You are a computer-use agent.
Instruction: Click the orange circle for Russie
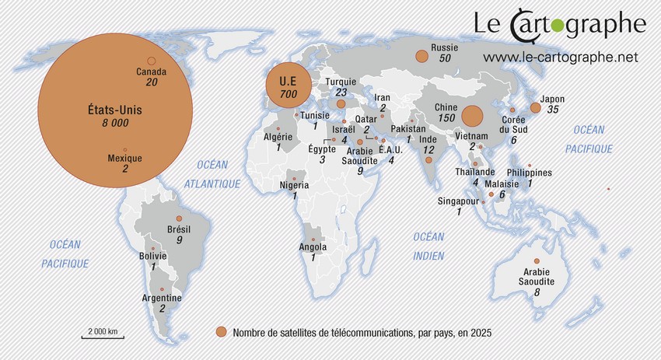[422, 56]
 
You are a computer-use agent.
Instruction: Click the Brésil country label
[179, 229]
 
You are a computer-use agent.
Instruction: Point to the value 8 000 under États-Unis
[115, 123]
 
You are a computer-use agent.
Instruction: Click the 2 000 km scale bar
[103, 336]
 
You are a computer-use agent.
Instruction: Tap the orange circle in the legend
[222, 332]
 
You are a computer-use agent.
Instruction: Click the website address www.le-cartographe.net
[560, 57]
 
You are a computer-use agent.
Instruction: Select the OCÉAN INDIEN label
[428, 246]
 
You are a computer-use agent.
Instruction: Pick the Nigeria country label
[295, 185]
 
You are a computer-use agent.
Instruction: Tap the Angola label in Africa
[313, 246]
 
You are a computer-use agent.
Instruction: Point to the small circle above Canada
[152, 61]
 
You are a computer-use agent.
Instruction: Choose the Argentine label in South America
[162, 298]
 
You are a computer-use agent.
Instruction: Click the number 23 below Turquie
[341, 92]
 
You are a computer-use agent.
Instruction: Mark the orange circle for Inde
[428, 160]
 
